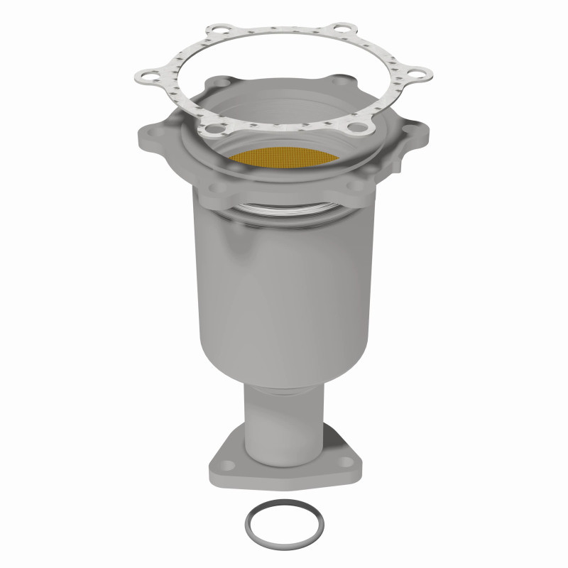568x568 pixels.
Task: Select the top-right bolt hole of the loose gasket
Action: [345, 31]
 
